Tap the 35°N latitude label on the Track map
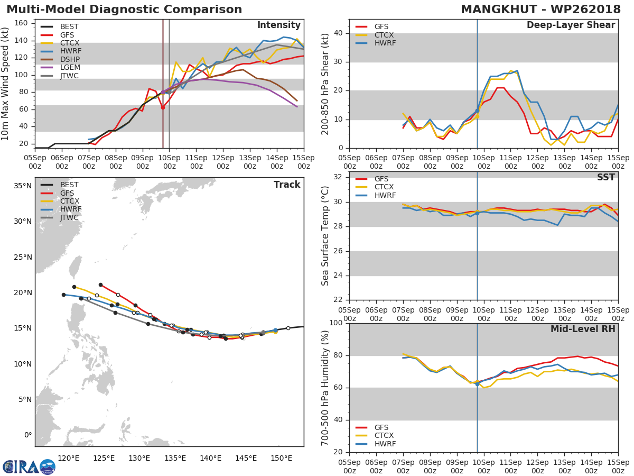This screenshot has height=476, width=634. coord(23,186)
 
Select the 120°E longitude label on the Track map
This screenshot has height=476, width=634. coord(69,458)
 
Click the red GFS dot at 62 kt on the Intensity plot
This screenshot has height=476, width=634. coord(163,107)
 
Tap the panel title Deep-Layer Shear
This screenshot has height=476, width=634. coord(571,25)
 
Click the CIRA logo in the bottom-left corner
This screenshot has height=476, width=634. coord(29,466)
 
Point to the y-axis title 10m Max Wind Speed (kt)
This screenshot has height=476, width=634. coord(5,84)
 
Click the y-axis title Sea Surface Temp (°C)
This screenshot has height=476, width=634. coord(325,236)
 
